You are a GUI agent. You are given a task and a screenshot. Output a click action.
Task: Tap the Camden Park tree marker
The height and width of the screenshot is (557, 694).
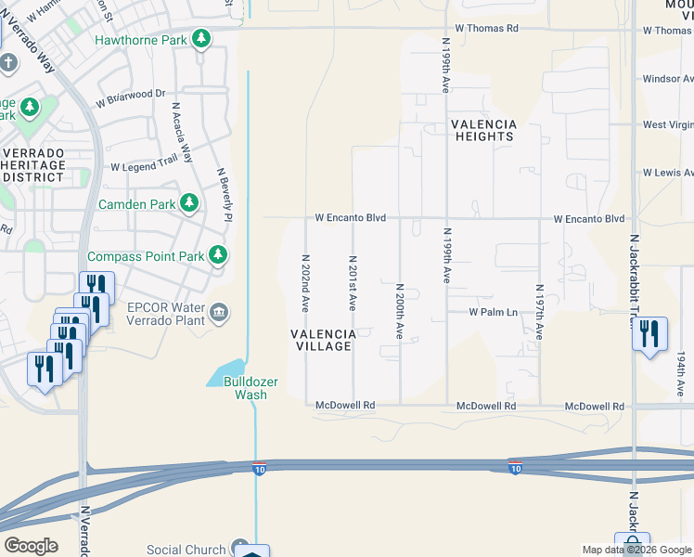[189, 202]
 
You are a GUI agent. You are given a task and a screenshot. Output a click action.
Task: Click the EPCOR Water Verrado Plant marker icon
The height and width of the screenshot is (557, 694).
[219, 312]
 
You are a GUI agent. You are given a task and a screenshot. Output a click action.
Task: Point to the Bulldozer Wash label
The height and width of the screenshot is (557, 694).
[245, 388]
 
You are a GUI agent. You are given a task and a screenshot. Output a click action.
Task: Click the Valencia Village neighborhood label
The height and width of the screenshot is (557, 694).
[322, 340]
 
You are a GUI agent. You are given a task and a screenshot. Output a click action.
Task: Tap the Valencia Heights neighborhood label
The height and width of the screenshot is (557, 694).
[483, 130]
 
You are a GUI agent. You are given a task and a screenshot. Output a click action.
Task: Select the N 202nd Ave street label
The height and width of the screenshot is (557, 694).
[305, 282]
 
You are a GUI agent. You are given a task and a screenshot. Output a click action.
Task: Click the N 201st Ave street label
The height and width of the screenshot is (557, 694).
[353, 282]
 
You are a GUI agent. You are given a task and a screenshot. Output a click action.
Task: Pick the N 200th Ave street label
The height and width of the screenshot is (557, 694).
[400, 310]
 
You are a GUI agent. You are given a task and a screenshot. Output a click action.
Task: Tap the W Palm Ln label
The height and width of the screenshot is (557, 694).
[493, 313]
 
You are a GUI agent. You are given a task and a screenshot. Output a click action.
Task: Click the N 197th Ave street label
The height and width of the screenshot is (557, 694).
[539, 312]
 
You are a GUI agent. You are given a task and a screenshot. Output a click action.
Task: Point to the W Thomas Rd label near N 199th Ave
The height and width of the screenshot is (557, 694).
[487, 29]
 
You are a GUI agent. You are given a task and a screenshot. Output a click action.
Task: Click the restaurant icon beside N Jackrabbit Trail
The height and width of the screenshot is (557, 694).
[649, 333]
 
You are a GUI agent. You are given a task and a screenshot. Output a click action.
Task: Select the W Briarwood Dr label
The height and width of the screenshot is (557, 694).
[130, 94]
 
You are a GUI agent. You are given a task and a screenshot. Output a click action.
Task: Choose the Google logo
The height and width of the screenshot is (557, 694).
[31, 546]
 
